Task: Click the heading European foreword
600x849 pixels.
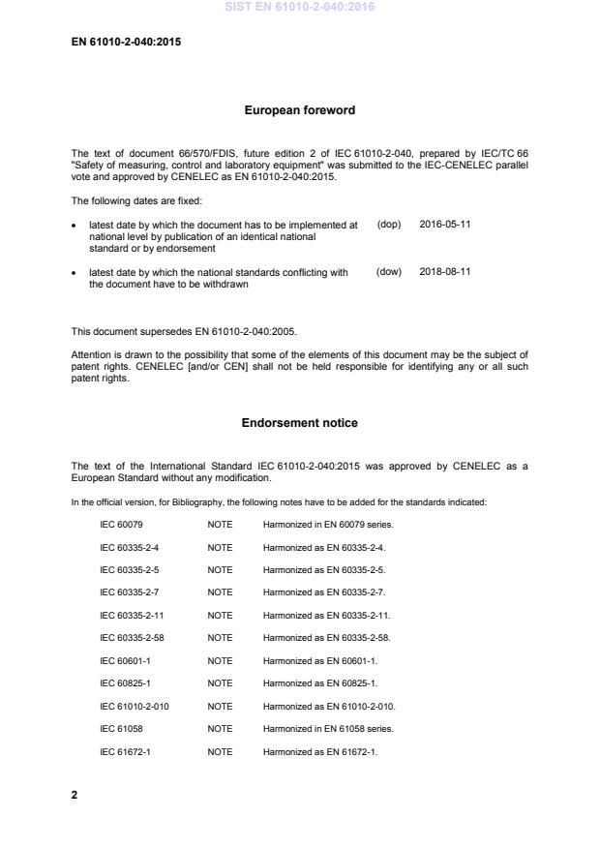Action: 300,110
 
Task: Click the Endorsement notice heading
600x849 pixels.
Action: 300,422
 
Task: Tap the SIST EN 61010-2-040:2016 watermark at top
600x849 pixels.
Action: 300,7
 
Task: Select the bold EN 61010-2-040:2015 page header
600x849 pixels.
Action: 127,43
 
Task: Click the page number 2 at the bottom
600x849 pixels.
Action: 75,795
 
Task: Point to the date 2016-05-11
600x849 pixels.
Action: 445,224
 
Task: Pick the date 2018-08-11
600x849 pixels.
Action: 445,273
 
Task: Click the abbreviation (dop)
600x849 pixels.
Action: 388,224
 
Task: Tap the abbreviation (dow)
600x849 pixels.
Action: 388,273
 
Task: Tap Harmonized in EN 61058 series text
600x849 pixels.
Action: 328,729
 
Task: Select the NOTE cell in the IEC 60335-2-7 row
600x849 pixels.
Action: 220,592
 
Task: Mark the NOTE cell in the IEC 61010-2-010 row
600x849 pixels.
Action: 220,706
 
